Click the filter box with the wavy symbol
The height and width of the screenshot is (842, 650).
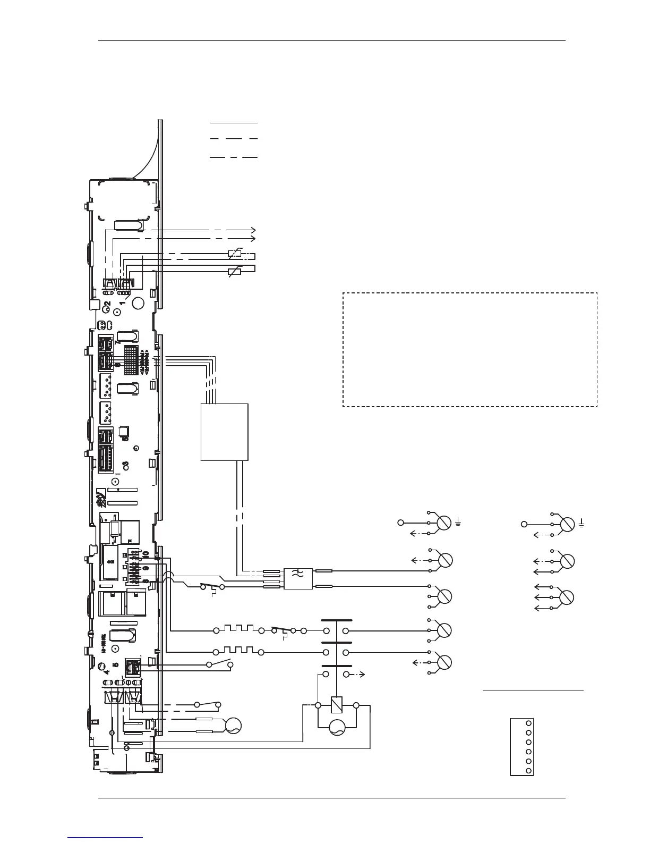(x=298, y=579)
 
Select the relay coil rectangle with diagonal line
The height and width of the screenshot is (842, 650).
(x=336, y=705)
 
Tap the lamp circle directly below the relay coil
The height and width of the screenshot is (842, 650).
(x=336, y=727)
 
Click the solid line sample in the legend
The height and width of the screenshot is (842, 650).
(x=234, y=123)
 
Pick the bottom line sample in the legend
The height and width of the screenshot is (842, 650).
(x=234, y=157)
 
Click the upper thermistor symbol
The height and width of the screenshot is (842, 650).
(x=234, y=254)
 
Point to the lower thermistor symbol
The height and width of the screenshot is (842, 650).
(x=234, y=273)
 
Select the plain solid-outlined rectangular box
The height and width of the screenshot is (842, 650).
(x=225, y=432)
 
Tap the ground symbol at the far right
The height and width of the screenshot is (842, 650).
(x=583, y=524)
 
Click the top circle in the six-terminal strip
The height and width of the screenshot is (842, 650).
(x=528, y=723)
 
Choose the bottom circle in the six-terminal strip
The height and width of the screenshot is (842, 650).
(x=528, y=771)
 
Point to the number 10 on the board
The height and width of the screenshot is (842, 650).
(x=146, y=553)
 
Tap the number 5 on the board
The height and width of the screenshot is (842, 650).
(x=115, y=664)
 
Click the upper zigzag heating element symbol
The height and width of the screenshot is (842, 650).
(x=239, y=628)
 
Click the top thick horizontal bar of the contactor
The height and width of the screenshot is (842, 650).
(x=336, y=620)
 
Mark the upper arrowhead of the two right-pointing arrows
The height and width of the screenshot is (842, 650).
(x=254, y=230)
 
